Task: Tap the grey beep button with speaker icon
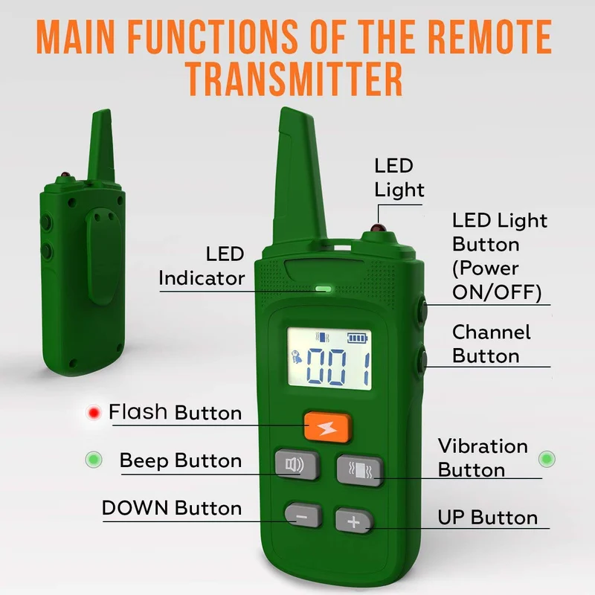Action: [x=296, y=464]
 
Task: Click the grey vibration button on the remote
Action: [x=360, y=470]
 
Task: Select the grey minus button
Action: [x=303, y=515]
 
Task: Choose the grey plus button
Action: [x=354, y=521]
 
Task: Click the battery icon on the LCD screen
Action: [x=358, y=338]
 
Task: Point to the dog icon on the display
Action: [x=296, y=358]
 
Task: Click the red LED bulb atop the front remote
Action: [x=379, y=228]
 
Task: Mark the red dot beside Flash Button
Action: [x=94, y=413]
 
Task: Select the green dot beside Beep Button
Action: [x=94, y=460]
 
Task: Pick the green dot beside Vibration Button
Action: [x=547, y=459]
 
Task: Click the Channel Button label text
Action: [x=491, y=344]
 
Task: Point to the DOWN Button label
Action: [x=172, y=508]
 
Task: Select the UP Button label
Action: [x=488, y=517]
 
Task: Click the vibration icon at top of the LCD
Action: [x=323, y=338]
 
